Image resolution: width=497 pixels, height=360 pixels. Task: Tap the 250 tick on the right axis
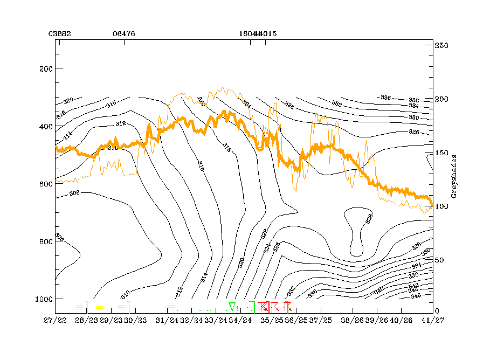coord(443,46)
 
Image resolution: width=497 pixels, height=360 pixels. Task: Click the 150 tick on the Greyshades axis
coord(443,153)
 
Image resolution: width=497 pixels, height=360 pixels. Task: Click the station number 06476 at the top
coord(124,33)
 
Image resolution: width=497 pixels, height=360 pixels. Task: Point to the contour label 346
coord(416,296)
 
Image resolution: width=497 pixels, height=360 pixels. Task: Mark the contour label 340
coord(379,290)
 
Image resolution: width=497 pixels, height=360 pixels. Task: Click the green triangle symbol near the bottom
coord(232,307)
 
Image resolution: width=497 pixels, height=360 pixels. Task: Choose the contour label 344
coord(413,290)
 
